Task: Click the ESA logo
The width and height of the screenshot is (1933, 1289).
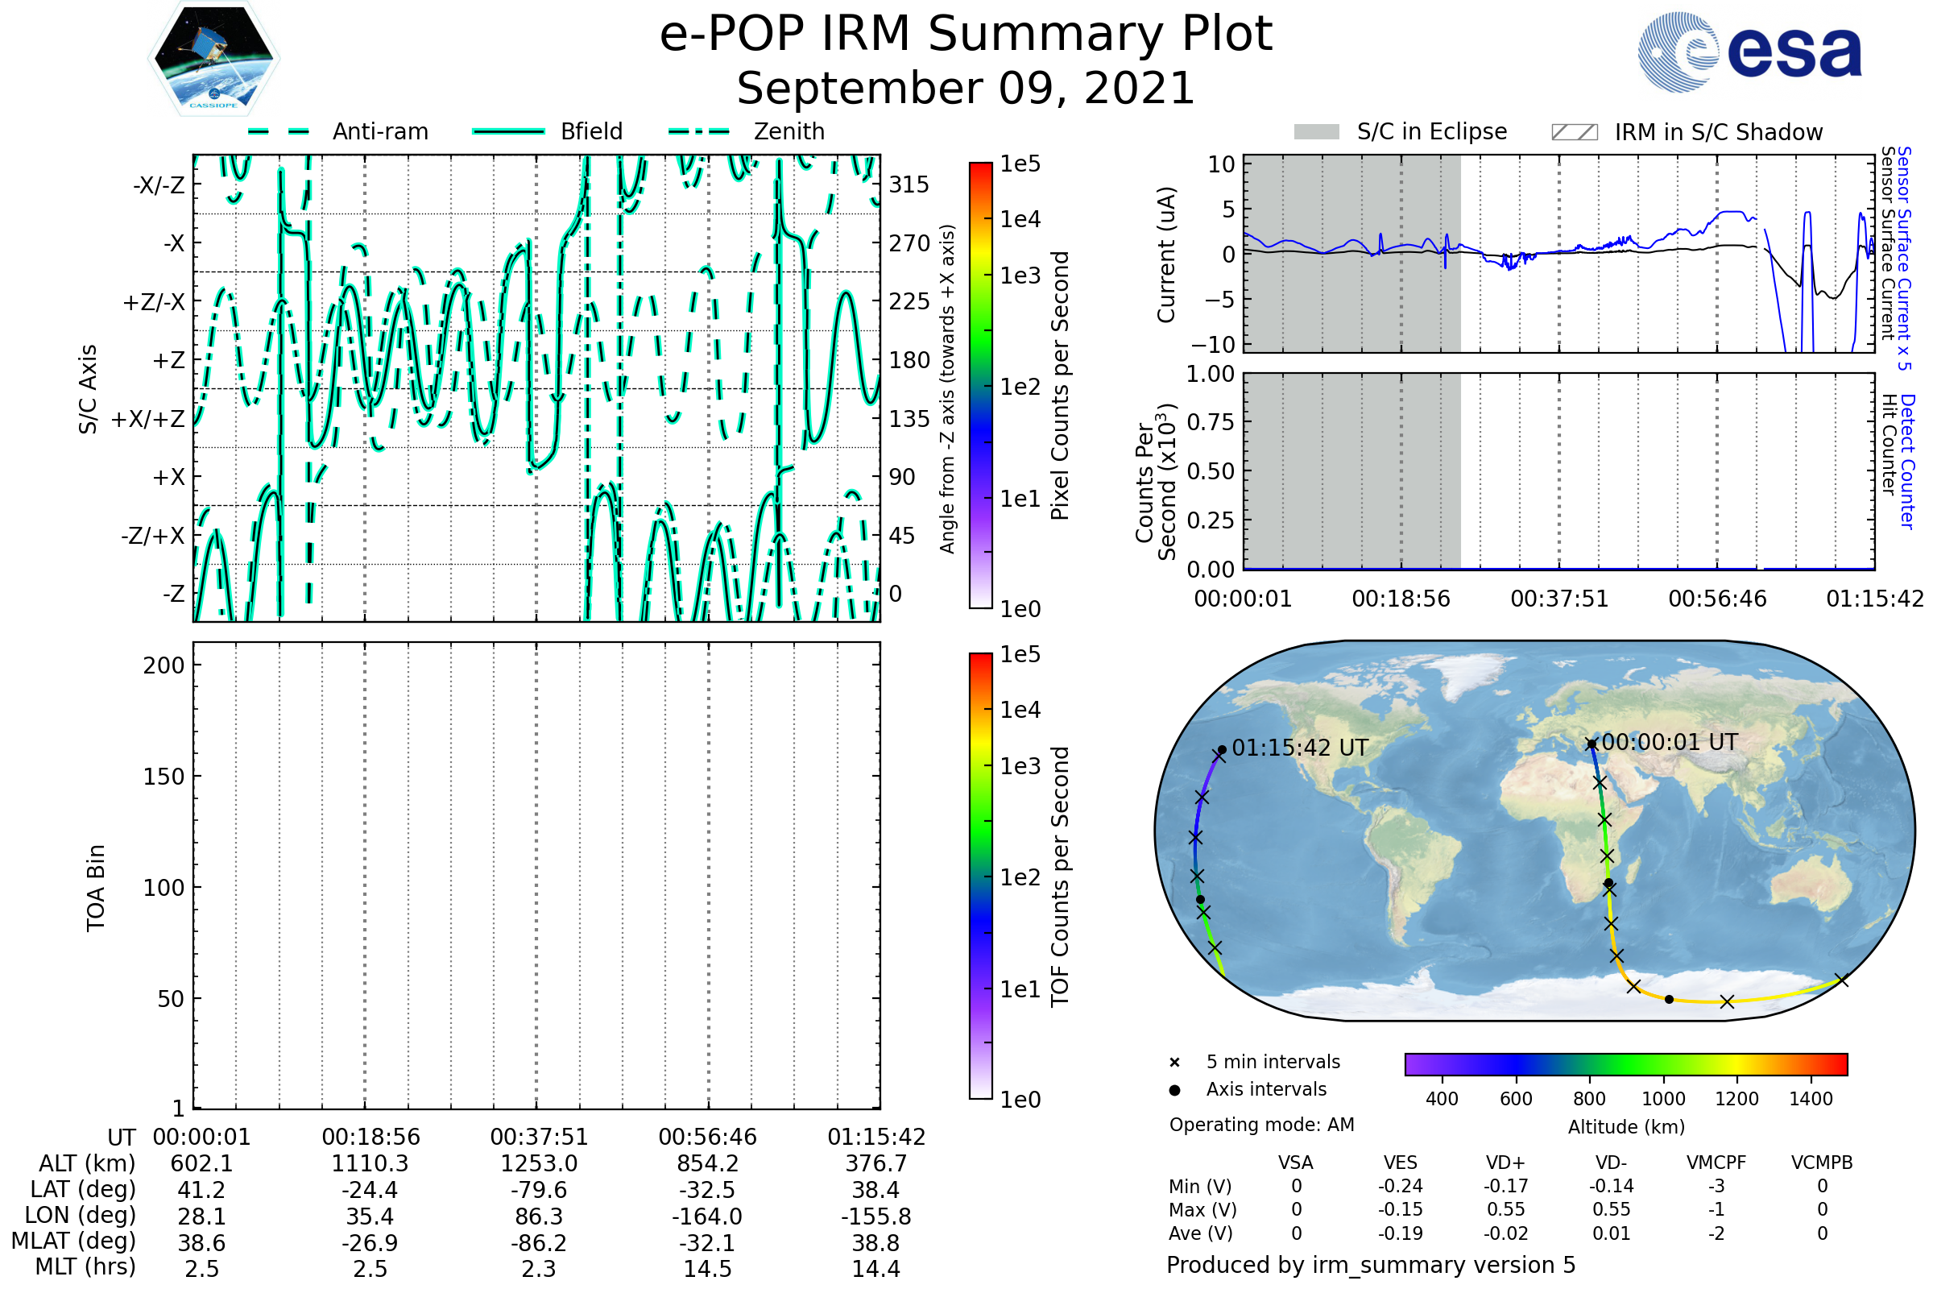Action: [x=1749, y=52]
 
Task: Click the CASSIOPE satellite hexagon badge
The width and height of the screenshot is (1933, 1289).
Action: [x=213, y=58]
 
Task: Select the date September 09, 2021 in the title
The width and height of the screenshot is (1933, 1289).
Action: [x=966, y=89]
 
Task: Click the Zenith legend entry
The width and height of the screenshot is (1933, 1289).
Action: [x=747, y=131]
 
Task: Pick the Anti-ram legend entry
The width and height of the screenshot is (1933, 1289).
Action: [x=337, y=131]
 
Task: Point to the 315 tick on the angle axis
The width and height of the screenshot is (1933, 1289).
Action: [x=909, y=184]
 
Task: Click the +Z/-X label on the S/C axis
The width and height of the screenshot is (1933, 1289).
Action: [x=154, y=303]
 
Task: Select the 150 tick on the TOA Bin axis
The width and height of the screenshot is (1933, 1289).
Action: [x=163, y=777]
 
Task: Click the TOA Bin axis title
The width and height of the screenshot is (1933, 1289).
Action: [x=95, y=888]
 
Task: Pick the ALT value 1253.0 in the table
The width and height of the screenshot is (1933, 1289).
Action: [x=539, y=1164]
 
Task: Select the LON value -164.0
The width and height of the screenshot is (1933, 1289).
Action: [x=707, y=1216]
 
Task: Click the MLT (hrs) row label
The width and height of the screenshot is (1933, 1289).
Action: [x=85, y=1266]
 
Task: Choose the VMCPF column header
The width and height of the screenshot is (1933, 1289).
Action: [x=1716, y=1163]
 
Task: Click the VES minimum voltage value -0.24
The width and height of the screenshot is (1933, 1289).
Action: [x=1401, y=1186]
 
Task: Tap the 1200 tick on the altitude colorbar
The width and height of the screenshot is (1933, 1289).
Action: [x=1736, y=1099]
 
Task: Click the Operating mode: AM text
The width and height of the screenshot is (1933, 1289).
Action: [x=1261, y=1125]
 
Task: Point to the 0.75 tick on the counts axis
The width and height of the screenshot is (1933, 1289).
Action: [x=1211, y=422]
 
